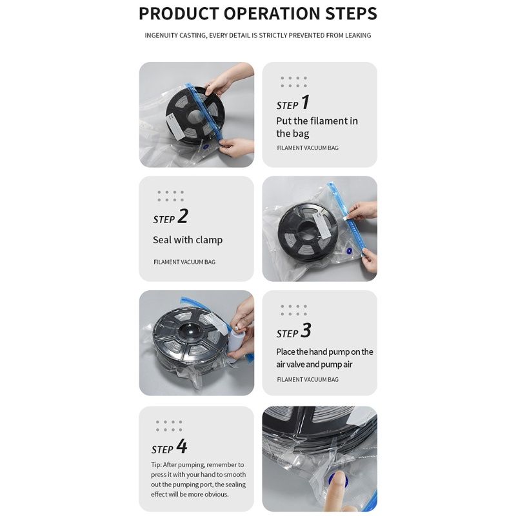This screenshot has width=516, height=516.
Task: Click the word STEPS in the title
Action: [351, 14]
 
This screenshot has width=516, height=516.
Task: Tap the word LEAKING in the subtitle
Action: [358, 35]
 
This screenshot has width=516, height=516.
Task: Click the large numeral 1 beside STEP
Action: [305, 102]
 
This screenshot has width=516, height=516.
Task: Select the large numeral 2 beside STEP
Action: [183, 216]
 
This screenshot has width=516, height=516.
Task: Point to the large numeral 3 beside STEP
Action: [306, 330]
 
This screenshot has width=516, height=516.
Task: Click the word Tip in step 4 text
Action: [155, 464]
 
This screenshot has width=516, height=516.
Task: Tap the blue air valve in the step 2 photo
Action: [349, 251]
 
